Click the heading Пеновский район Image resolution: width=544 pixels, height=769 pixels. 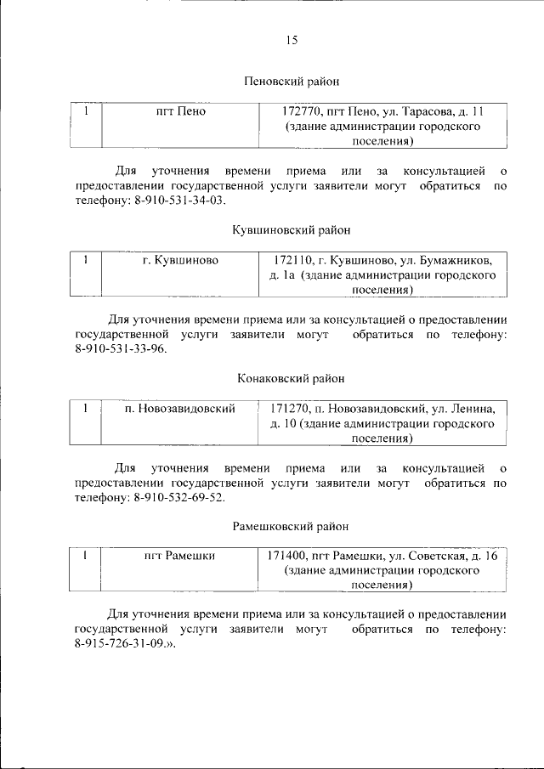(291, 82)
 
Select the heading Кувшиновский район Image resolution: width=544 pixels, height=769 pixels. (291, 230)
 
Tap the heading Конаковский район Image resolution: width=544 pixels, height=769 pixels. (291, 378)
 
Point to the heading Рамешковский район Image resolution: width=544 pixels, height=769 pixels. (291, 526)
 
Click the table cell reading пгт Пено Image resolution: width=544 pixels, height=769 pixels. (180, 111)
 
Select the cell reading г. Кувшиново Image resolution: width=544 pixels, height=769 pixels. (180, 259)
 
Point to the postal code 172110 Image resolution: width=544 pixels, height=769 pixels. (292, 259)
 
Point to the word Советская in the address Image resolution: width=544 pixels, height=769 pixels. (435, 556)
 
